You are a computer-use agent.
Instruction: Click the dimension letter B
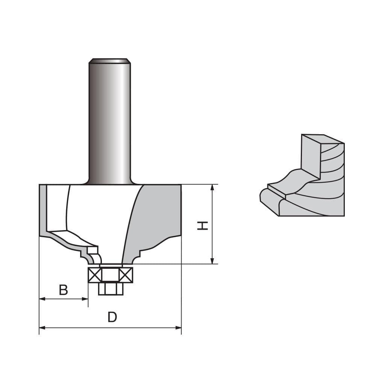coord(64,290)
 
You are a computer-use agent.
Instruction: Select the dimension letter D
coord(112,317)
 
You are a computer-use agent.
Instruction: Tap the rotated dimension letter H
coord(203,225)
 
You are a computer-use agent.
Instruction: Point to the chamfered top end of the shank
coord(109,61)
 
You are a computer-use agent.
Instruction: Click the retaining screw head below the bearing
coord(111,289)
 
